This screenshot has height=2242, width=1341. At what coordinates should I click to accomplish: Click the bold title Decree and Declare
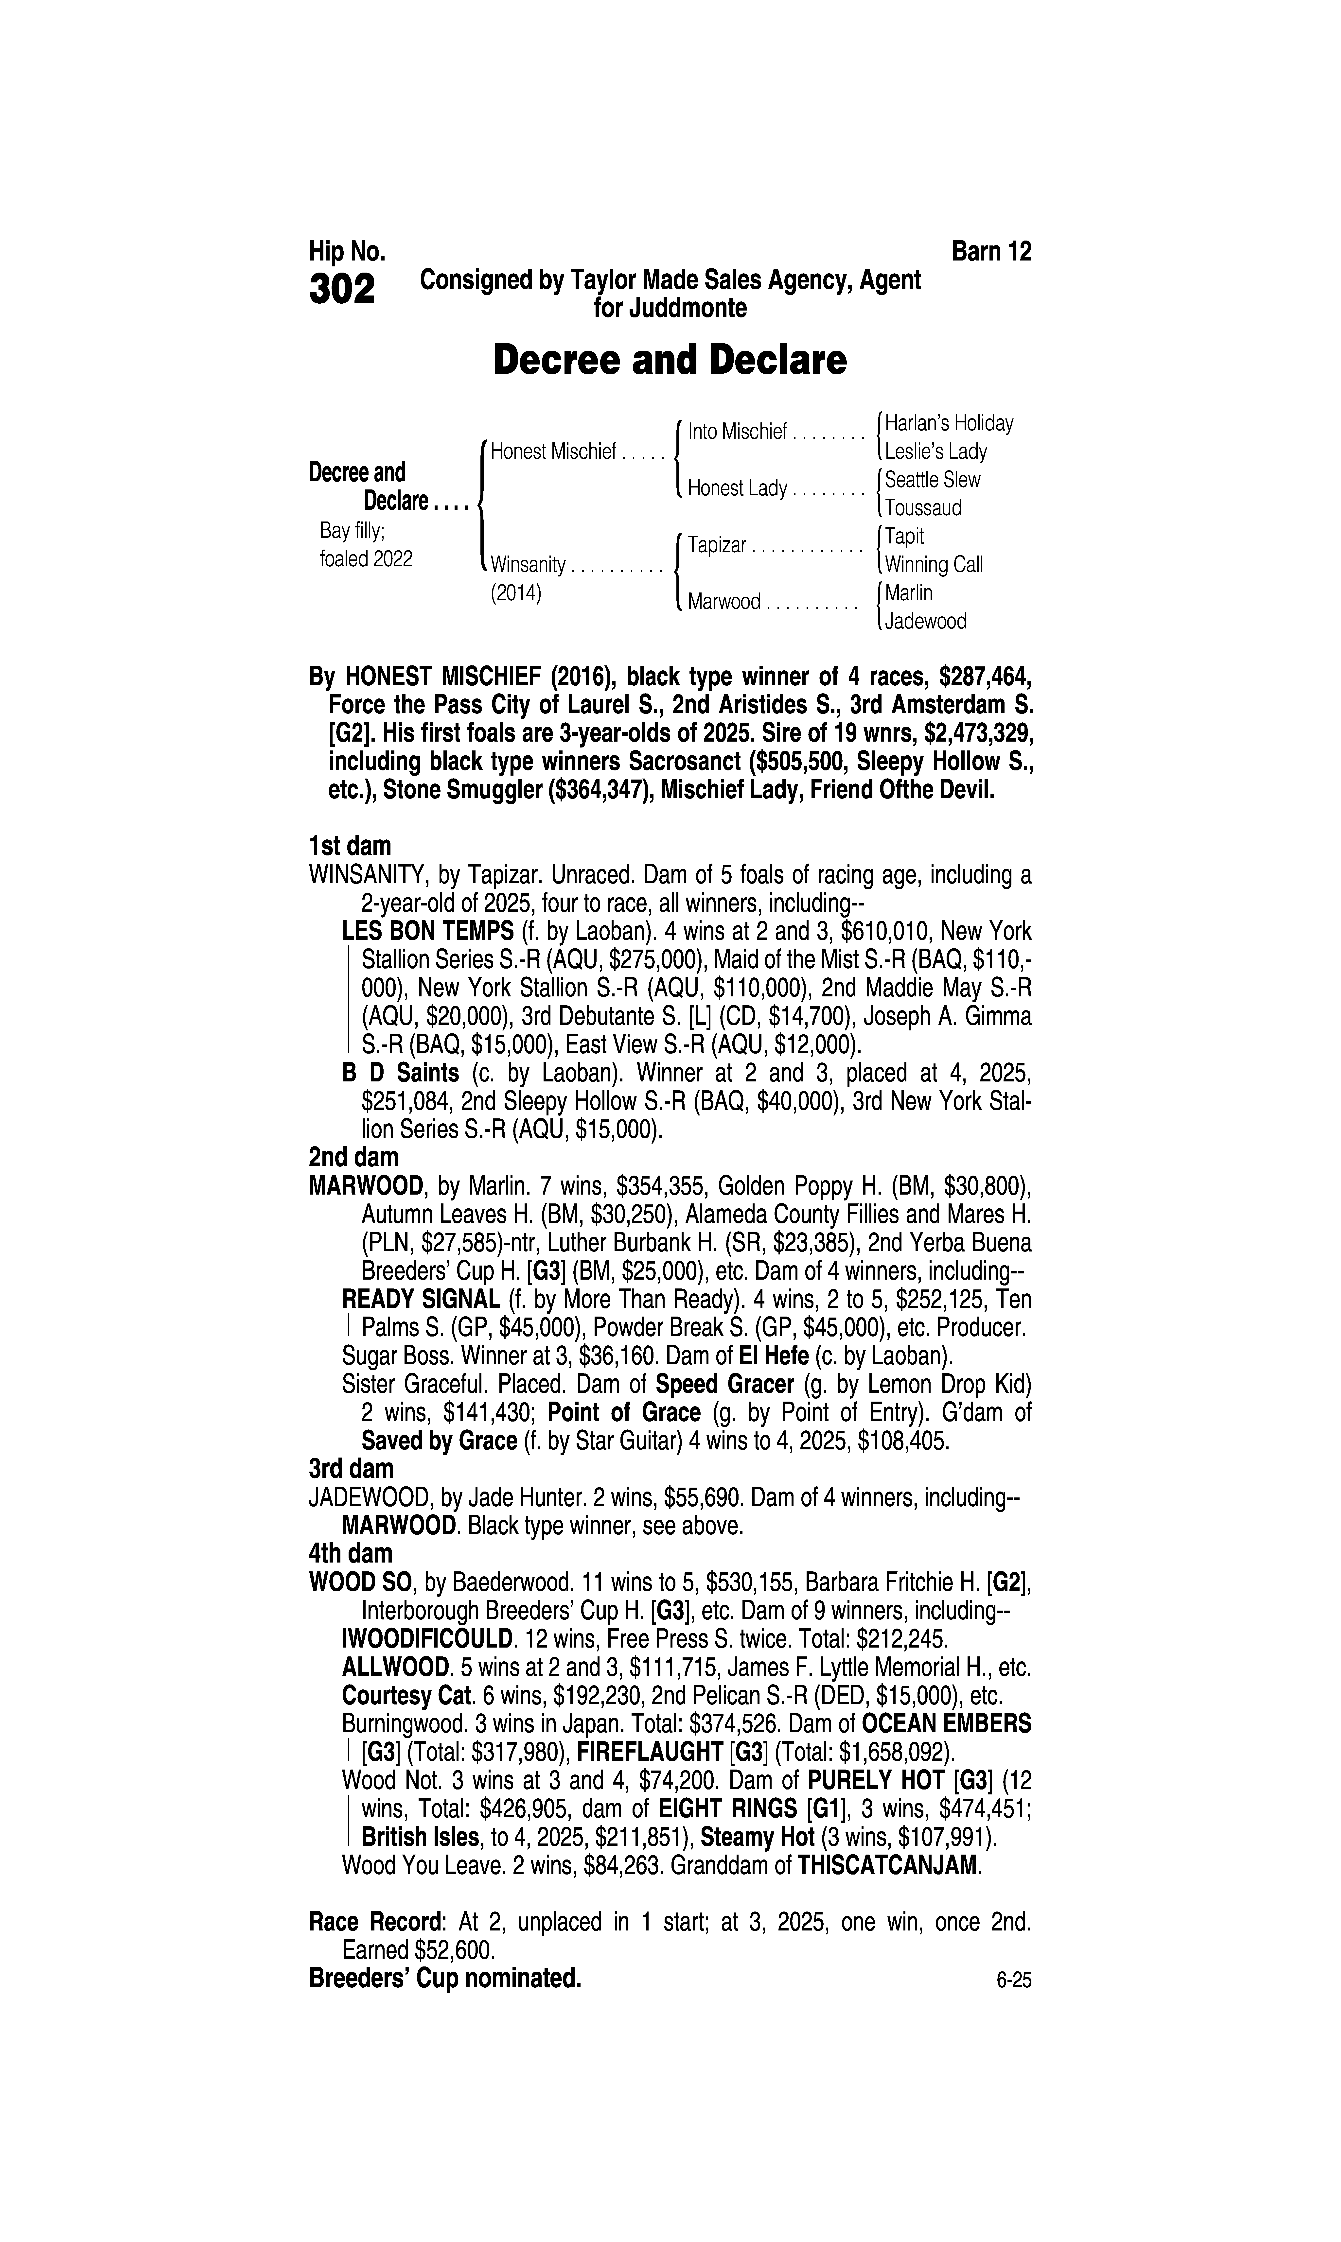tap(670, 360)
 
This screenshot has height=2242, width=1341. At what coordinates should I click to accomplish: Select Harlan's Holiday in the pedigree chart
tap(949, 423)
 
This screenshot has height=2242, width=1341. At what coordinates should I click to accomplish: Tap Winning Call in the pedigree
tap(934, 565)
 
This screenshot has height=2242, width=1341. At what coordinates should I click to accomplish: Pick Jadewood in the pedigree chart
tap(925, 622)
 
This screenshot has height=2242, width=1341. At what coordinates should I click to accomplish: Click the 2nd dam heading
tap(353, 1157)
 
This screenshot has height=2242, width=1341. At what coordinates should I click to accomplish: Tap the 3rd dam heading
tap(352, 1468)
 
